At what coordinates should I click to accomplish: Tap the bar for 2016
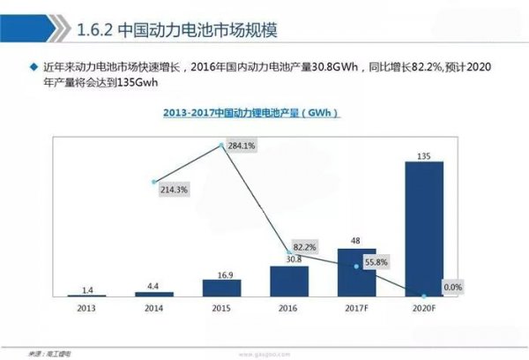[x=290, y=281]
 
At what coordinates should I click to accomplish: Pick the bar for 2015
[x=222, y=288]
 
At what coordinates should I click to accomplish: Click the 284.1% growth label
[x=242, y=146]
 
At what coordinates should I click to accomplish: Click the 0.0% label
[x=451, y=287]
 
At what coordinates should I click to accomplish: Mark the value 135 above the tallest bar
[x=424, y=154]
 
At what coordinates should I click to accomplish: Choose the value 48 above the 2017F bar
[x=356, y=241]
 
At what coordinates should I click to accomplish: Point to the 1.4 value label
[x=86, y=288]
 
